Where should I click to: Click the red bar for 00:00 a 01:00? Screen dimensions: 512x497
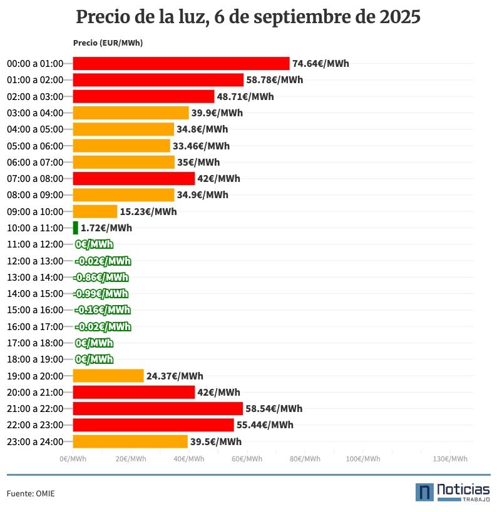click(x=181, y=64)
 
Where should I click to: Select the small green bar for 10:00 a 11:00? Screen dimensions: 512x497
click(x=76, y=228)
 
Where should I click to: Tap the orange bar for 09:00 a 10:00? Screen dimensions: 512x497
click(x=95, y=211)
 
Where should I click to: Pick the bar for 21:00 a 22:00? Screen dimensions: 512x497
click(x=158, y=409)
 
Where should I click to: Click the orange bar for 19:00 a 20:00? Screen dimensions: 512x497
click(x=108, y=376)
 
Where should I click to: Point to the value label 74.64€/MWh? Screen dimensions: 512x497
click(x=320, y=64)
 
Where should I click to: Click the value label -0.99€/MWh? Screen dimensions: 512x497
click(x=101, y=294)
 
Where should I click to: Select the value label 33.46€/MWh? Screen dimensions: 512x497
click(x=201, y=146)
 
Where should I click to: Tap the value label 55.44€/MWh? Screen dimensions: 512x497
click(x=264, y=425)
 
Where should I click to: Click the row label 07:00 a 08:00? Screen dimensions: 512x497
click(x=35, y=179)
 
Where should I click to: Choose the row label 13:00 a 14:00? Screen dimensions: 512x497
click(x=35, y=278)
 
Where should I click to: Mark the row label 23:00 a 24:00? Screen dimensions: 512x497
click(x=35, y=442)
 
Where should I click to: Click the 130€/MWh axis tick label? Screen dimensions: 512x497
click(x=450, y=459)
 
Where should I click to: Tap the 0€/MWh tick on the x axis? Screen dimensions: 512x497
click(x=73, y=459)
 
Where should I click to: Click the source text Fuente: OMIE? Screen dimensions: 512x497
click(x=31, y=494)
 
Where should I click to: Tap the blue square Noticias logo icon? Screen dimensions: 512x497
click(x=424, y=492)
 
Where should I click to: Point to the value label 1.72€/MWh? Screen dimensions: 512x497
click(x=106, y=228)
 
